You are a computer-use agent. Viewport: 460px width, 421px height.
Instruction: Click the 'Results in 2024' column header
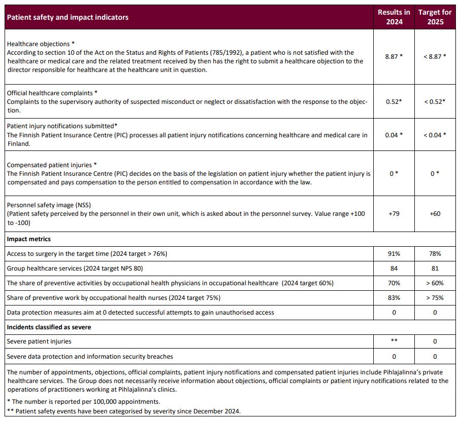click(394, 17)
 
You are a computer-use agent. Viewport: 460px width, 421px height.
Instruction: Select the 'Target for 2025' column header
click(435, 17)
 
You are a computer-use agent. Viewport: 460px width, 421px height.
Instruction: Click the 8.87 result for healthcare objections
click(394, 57)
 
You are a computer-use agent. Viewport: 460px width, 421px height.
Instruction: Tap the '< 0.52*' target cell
click(435, 101)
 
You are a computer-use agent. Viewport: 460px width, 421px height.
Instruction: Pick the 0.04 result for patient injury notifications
click(394, 135)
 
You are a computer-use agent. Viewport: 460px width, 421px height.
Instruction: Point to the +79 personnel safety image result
click(394, 214)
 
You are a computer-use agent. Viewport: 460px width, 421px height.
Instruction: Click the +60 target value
click(435, 214)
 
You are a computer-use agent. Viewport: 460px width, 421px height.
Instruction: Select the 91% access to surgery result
click(394, 254)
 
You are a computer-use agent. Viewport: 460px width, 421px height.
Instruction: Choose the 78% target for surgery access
click(435, 254)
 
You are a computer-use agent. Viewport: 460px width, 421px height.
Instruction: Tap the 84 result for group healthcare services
click(394, 269)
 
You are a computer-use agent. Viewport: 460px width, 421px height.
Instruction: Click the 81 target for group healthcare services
click(435, 269)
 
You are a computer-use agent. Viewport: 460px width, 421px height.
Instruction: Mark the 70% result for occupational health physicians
click(394, 283)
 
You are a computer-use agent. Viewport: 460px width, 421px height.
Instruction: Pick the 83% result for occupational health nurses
click(394, 298)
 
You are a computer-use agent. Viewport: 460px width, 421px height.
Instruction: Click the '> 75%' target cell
click(435, 298)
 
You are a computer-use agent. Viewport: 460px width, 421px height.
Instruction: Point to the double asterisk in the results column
click(394, 341)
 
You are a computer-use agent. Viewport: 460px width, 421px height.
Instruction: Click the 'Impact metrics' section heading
click(29, 239)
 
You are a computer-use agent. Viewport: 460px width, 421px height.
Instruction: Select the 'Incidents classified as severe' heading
click(49, 327)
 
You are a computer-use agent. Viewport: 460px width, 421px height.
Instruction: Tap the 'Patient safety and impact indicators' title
click(67, 17)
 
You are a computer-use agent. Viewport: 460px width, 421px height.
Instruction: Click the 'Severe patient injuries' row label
click(39, 342)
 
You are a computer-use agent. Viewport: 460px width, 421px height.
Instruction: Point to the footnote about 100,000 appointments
click(84, 402)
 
